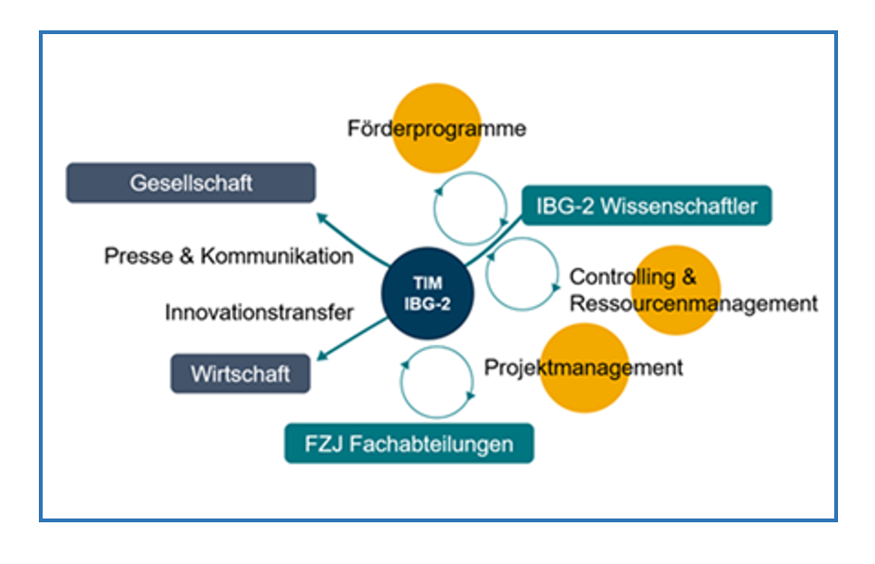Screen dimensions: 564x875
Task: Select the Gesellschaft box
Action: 191,183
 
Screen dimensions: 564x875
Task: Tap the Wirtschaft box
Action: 242,373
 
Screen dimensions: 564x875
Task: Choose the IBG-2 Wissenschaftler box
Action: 647,206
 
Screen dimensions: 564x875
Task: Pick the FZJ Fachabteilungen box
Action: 409,444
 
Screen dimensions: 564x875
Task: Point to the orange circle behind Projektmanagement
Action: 584,368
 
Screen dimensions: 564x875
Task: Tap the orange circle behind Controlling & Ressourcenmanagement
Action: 676,290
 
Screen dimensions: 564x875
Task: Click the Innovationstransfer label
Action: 259,312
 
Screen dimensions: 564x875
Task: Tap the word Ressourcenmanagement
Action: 693,303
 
